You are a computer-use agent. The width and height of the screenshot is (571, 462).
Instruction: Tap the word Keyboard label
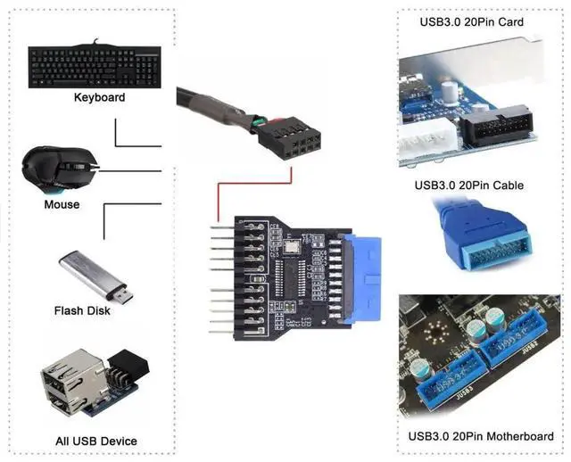(x=99, y=97)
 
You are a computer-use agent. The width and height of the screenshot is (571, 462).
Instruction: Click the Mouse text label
(x=62, y=205)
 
